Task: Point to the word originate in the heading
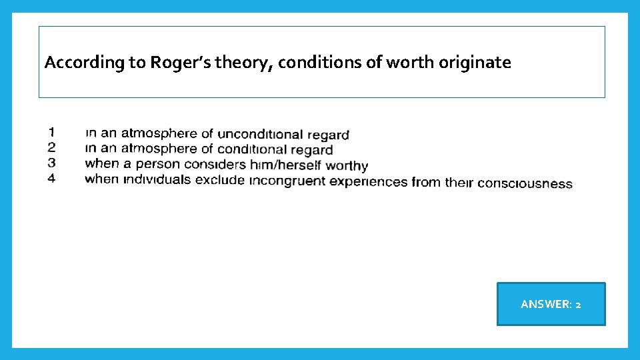coord(475,63)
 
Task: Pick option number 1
coord(51,131)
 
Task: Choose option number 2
coord(51,147)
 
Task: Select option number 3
coord(51,163)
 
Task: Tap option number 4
coord(51,179)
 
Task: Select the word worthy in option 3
coord(345,165)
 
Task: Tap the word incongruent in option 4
coord(287,181)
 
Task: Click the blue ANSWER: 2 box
coord(551,304)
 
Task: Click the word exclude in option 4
coord(220,180)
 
